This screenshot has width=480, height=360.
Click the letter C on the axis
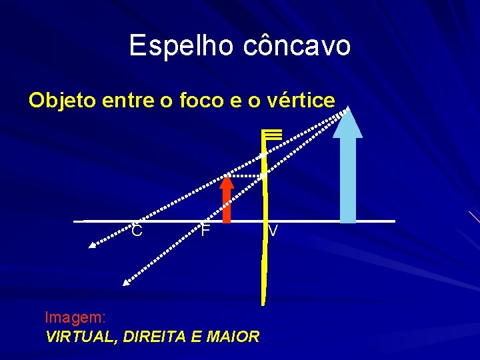(137, 231)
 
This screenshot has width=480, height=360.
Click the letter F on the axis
(206, 231)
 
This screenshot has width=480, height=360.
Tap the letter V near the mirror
(273, 231)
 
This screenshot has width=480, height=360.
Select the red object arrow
(227, 200)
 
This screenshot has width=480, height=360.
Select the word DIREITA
(155, 337)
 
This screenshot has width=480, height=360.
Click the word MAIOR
(233, 337)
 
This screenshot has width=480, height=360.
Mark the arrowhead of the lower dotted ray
(125, 282)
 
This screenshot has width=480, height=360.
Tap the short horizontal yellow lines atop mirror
(273, 134)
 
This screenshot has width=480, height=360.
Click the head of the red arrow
(227, 179)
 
